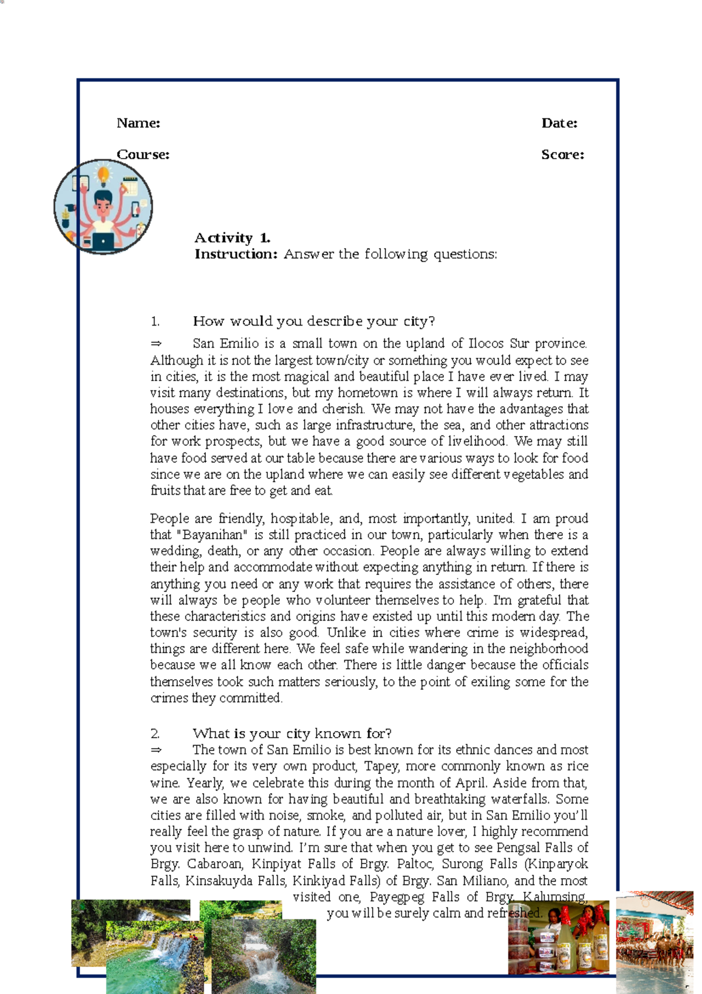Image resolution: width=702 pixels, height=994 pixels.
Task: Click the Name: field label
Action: [138, 123]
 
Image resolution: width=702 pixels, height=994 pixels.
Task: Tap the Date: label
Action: [559, 123]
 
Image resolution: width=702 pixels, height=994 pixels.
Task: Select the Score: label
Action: [562, 155]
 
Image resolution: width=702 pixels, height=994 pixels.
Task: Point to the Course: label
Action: [143, 155]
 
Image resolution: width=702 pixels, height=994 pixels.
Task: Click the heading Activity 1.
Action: [232, 238]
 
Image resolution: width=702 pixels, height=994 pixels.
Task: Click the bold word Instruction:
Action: [236, 254]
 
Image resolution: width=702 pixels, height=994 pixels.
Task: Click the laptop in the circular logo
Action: [103, 242]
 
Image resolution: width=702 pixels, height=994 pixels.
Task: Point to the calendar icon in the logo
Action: [129, 186]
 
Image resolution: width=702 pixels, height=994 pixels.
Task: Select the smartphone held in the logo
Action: [136, 208]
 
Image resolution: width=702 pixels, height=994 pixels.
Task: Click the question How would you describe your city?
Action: [314, 321]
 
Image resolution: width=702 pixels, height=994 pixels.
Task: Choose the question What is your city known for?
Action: [292, 733]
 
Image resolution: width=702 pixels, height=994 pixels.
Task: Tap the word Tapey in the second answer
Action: [381, 766]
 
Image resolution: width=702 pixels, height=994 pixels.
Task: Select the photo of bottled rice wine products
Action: [558, 937]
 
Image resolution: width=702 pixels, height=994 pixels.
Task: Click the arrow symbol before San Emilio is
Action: [156, 344]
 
